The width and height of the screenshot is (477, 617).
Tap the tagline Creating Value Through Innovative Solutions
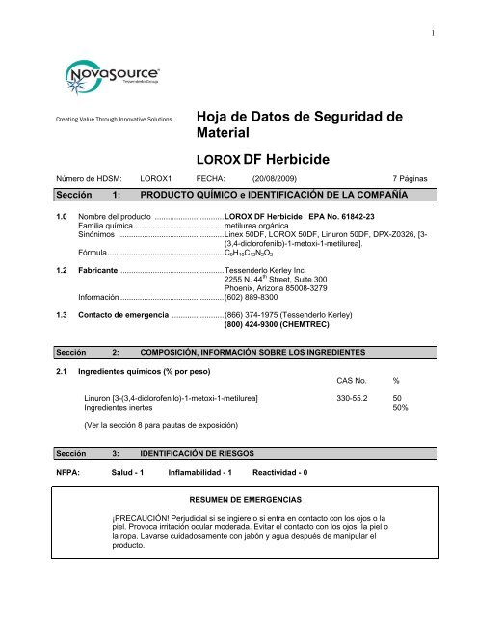(101, 121)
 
